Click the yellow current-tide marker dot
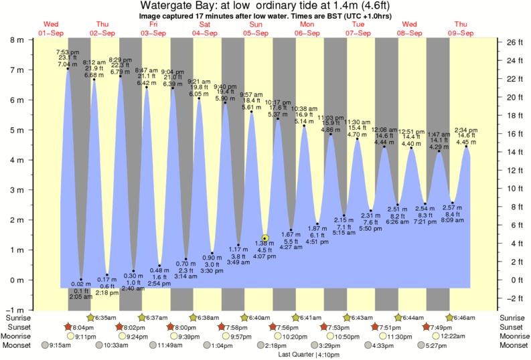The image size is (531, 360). click(x=265, y=238)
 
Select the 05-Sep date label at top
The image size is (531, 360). click(x=257, y=33)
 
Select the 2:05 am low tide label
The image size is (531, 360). click(x=80, y=296)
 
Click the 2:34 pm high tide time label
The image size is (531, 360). click(x=465, y=130)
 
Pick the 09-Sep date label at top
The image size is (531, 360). click(x=461, y=33)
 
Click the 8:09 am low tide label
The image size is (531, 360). click(x=453, y=219)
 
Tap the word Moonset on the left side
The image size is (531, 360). click(x=17, y=346)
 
